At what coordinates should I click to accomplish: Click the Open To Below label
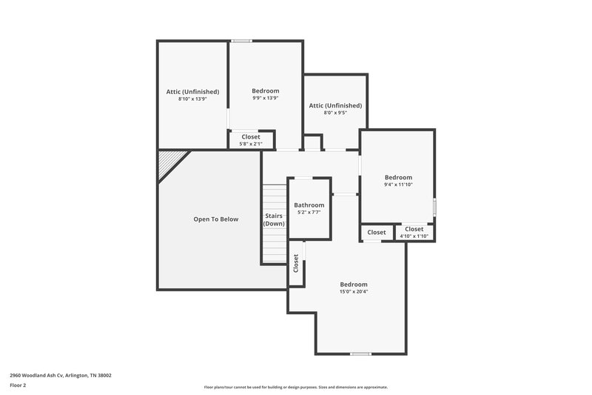coord(215,219)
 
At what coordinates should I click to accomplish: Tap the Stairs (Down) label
coord(274,219)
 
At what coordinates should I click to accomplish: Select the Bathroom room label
coord(309,205)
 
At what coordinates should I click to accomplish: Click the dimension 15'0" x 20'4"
coord(353,291)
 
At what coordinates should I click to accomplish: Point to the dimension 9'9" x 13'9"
coord(265,98)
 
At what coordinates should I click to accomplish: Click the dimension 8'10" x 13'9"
coord(192,99)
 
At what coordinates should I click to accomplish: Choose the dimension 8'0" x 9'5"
coord(335,113)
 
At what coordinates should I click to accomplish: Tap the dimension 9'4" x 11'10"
coord(398,185)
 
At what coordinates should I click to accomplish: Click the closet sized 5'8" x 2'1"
coord(251,140)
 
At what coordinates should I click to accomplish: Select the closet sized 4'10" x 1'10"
coord(414,233)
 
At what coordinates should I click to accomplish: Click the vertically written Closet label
coord(296,263)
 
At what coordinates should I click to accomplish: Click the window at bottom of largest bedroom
coord(360,353)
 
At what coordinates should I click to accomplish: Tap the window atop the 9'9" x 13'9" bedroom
coord(240,41)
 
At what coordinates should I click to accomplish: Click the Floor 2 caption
coord(18,385)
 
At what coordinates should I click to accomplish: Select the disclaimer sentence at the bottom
coord(295,387)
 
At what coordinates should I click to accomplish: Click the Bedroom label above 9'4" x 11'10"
coord(398,177)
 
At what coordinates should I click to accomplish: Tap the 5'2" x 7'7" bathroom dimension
coord(309,213)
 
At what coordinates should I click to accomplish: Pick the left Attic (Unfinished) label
coord(192,91)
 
